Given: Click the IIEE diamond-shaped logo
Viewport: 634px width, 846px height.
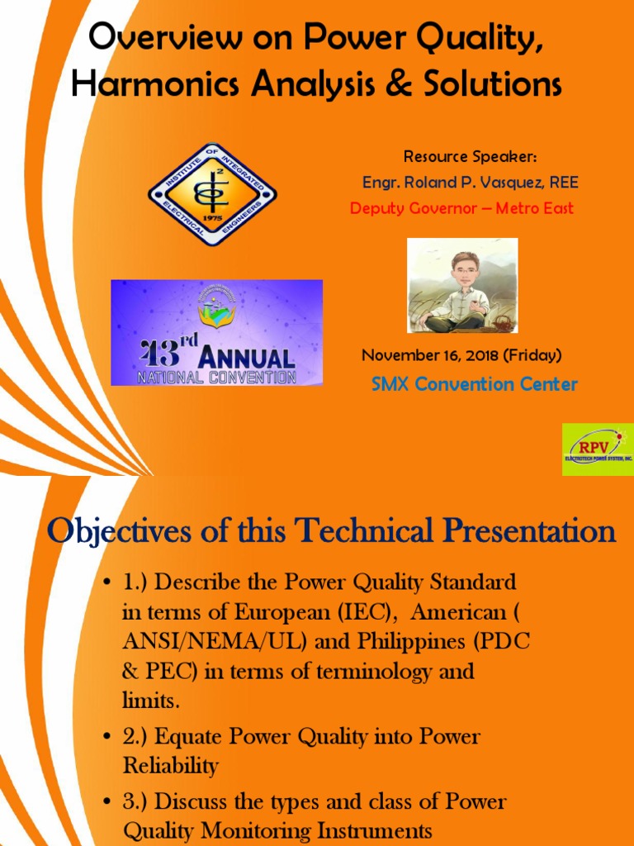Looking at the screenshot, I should pos(212,195).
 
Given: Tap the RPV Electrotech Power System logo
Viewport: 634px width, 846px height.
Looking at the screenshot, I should pos(597,449).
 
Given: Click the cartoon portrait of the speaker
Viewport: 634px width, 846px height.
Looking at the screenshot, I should pos(462,286).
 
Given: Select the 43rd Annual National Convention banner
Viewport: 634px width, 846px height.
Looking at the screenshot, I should pos(217,332).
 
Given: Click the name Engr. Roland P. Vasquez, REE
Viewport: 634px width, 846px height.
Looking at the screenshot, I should pos(470,183).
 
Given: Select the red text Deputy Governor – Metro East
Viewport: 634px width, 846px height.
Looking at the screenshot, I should pos(461,208).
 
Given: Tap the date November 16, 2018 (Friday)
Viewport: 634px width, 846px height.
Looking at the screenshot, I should pos(461,355).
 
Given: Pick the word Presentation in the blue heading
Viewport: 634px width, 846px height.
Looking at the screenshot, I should pos(525,530).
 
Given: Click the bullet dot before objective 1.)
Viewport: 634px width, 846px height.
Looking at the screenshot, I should pos(107,583).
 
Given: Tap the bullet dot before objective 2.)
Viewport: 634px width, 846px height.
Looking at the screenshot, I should pos(107,737).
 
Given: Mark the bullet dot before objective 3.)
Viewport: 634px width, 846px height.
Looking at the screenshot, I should pos(107,802).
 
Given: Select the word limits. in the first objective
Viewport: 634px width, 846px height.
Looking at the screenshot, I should pos(150,701).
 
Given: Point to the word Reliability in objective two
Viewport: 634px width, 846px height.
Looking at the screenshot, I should pos(171,766).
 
